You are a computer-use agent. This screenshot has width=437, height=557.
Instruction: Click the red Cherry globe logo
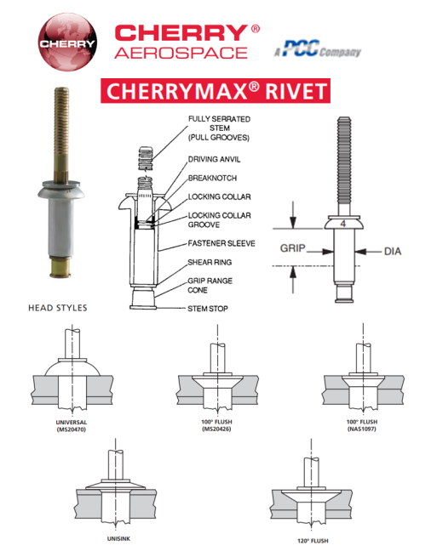[x=67, y=42]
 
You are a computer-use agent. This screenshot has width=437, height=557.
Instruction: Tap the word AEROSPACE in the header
[x=181, y=54]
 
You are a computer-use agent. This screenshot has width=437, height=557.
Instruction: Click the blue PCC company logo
[x=318, y=49]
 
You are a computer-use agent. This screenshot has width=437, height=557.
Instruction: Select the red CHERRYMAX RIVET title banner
[x=216, y=91]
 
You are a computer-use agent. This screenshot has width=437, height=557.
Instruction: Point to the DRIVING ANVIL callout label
[x=214, y=160]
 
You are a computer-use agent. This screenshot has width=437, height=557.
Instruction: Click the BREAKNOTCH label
[x=212, y=178]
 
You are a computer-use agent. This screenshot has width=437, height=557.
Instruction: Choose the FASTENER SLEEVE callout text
[x=221, y=243]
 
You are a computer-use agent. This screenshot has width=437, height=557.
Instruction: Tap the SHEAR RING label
[x=210, y=262]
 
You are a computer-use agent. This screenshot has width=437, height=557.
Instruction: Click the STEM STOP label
[x=208, y=309]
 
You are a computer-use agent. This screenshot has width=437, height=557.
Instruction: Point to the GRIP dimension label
[x=292, y=248]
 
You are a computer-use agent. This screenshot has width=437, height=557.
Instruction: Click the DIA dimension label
[x=393, y=252]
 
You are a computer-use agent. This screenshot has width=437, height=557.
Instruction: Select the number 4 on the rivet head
[x=342, y=224]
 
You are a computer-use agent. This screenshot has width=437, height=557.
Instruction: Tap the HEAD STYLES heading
[x=58, y=308]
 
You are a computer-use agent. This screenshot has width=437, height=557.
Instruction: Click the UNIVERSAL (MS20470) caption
[x=72, y=426]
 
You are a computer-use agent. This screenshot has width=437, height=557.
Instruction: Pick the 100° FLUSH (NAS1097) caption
[x=361, y=425]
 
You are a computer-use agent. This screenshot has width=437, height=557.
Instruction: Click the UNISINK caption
[x=118, y=539]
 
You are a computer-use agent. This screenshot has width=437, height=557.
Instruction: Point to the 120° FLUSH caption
[x=313, y=541]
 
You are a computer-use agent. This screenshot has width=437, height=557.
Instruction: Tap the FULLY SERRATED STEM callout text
[x=219, y=128]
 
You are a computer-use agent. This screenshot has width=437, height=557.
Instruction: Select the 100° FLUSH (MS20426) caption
[x=216, y=425]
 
